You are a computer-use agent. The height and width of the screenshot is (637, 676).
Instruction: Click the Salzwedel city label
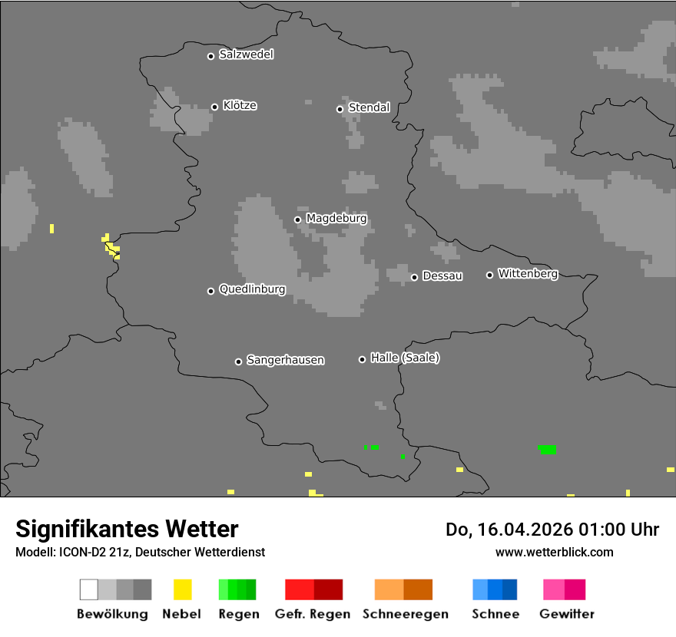coord(246,54)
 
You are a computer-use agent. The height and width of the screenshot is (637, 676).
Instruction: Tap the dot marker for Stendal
coord(340,109)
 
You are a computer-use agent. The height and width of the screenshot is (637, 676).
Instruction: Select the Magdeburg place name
coord(336,219)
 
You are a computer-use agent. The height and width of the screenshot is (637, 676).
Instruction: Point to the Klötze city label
coord(240,106)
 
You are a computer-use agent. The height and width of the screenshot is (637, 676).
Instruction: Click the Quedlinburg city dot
coord(210,291)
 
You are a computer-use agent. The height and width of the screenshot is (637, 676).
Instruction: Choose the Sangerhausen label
coord(285,360)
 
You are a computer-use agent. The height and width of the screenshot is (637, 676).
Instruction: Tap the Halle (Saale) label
coord(405,358)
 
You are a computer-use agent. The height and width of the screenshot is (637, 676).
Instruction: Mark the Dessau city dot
coord(414,277)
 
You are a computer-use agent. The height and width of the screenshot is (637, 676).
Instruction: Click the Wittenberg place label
coord(528,273)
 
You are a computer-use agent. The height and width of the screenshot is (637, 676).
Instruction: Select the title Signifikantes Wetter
coord(127,529)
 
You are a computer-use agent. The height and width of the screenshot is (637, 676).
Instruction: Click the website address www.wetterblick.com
coord(554,552)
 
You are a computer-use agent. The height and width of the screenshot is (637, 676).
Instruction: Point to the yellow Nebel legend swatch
coord(182,589)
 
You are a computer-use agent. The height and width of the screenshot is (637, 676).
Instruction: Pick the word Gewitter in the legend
coord(567,614)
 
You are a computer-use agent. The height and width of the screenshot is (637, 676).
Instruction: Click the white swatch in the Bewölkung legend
coord(88,589)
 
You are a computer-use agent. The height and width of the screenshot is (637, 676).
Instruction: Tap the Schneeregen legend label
coord(405,614)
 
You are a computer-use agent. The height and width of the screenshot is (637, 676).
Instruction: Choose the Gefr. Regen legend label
coord(313,614)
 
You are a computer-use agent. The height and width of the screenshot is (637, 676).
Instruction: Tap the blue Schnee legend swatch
coord(495,589)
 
